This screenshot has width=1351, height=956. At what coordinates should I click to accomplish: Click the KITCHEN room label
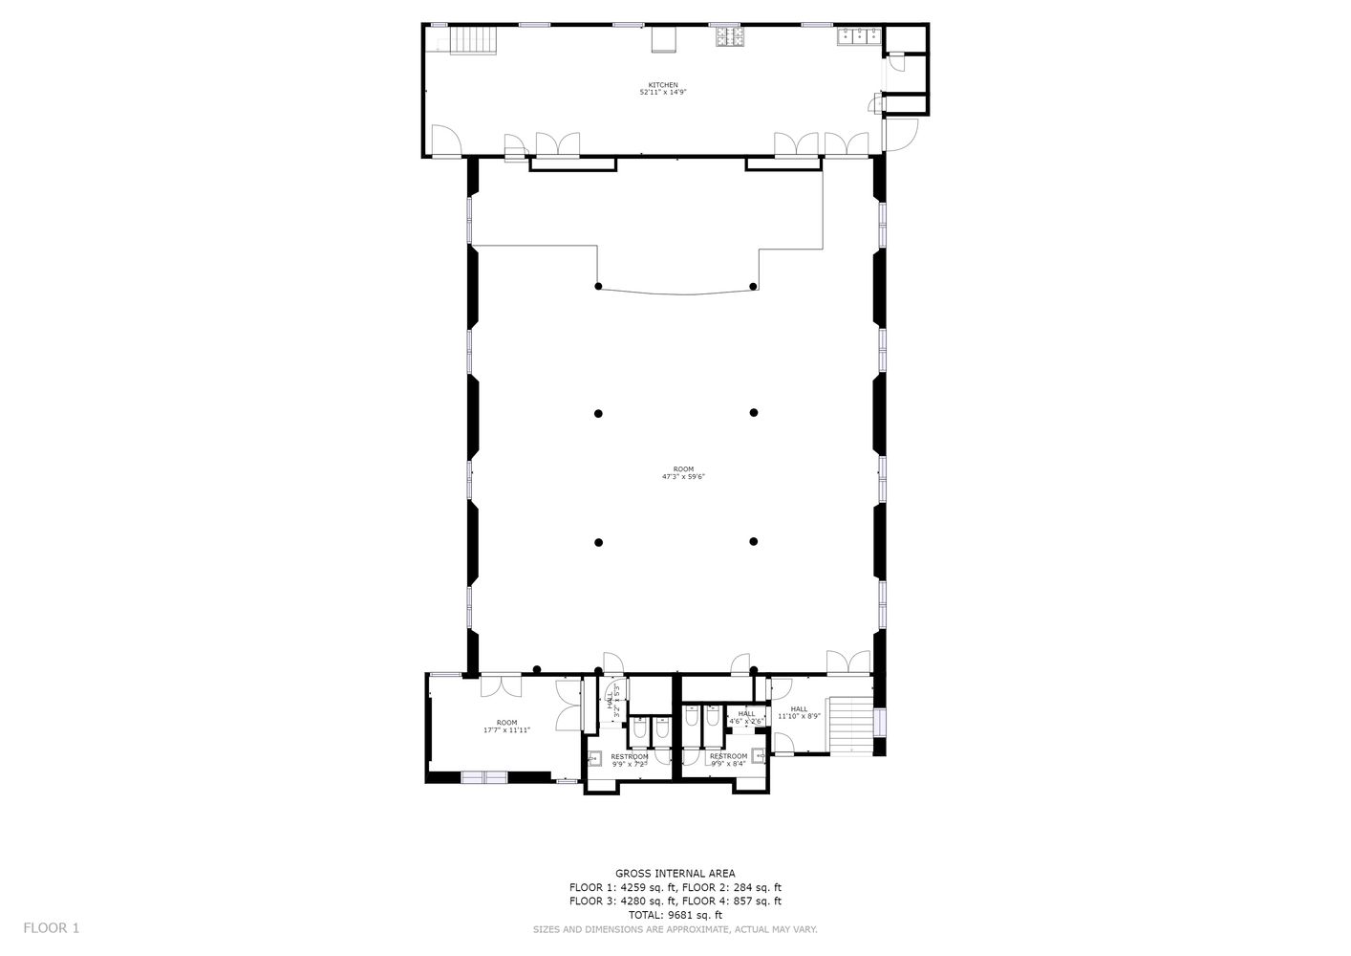(x=663, y=85)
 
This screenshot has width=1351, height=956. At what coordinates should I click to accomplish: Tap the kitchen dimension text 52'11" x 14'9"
(x=663, y=93)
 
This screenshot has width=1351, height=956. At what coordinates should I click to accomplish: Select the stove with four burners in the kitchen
(x=732, y=37)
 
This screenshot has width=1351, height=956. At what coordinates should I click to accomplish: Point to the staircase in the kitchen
(x=474, y=40)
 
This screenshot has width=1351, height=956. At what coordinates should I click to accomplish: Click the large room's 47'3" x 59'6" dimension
(x=683, y=476)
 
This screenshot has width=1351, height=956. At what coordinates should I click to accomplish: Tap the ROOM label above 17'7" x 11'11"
(x=506, y=723)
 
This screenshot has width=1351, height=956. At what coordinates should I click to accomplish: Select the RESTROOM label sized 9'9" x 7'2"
(x=630, y=756)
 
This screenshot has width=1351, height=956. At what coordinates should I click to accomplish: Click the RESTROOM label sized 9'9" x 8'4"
(x=728, y=756)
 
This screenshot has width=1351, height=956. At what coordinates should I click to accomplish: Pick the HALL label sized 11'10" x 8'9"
(x=799, y=708)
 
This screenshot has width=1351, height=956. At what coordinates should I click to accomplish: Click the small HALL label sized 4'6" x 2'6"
(x=746, y=713)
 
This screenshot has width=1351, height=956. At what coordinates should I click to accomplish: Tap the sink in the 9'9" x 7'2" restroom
(x=593, y=759)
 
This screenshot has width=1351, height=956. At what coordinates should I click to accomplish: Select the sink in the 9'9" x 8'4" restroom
(x=760, y=755)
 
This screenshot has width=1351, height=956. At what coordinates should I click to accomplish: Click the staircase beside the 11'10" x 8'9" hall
(x=851, y=726)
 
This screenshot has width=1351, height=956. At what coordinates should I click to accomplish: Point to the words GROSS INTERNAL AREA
(x=675, y=873)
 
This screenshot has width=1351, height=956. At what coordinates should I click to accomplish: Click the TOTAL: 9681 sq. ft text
(x=675, y=915)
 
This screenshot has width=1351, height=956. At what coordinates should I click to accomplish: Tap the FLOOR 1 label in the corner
(x=52, y=927)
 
